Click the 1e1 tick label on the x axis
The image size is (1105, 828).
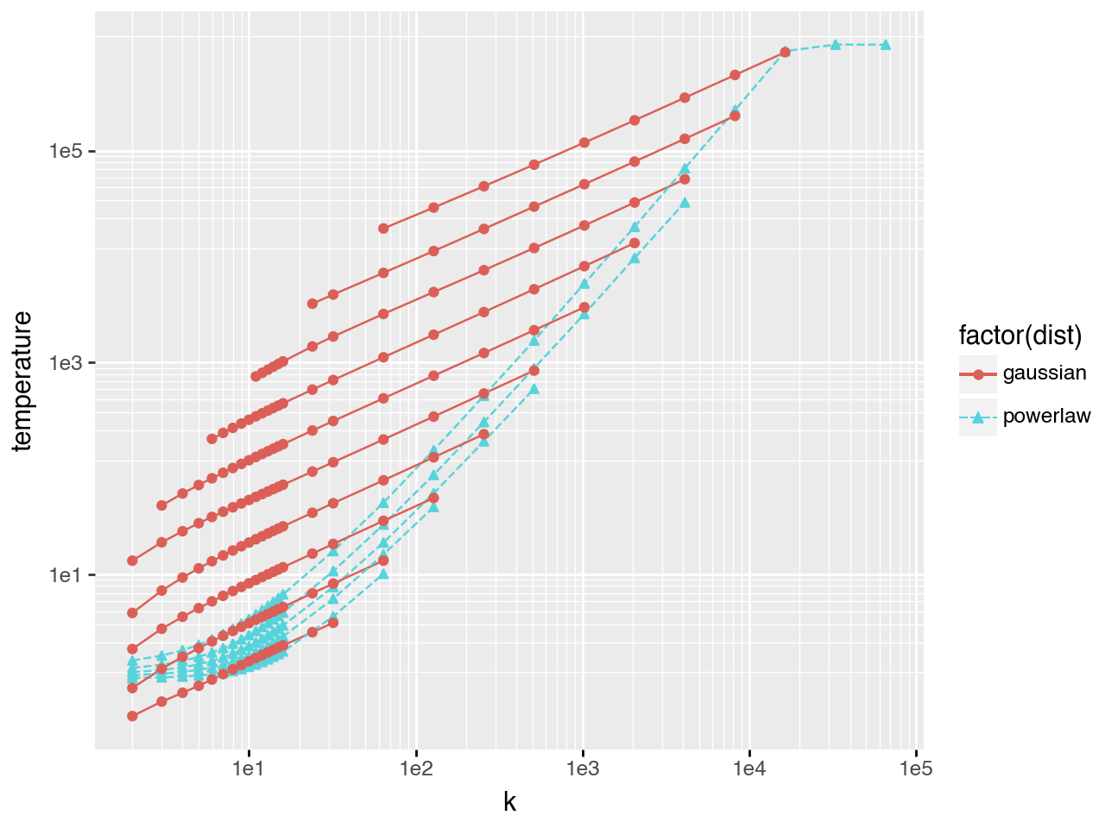[x=249, y=768]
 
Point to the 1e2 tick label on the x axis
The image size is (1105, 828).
[x=416, y=768]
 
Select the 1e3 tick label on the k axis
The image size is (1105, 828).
[x=584, y=768]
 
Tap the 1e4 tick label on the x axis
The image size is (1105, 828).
[x=750, y=768]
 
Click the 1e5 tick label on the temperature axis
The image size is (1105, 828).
[x=66, y=151]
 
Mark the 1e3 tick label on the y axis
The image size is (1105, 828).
[x=66, y=363]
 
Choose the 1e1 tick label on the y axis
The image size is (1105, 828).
[x=66, y=575]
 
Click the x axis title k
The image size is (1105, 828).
[x=509, y=803]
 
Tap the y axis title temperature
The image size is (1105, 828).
[x=22, y=380]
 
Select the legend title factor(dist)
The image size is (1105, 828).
[x=1020, y=335]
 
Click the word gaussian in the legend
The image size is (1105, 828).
[x=1045, y=373]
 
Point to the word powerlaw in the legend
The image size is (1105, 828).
[x=1046, y=417]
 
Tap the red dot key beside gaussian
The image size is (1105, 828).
[x=978, y=374]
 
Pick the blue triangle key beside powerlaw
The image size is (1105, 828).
[x=978, y=417]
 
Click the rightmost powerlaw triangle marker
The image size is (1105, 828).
[x=885, y=45]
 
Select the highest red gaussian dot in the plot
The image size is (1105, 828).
[x=785, y=53]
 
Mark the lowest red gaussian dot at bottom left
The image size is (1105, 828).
[x=132, y=716]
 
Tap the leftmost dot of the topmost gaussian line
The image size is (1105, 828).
[x=383, y=229]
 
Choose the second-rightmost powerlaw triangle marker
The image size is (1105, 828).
[x=835, y=45]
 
